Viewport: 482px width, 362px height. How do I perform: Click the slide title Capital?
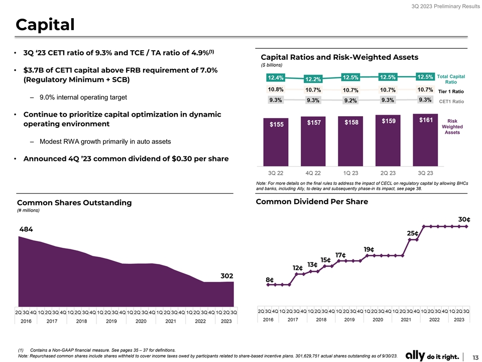(x=45, y=24)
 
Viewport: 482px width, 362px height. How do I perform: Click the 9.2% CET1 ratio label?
(x=350, y=101)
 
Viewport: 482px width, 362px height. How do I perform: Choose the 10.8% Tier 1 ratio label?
(x=276, y=89)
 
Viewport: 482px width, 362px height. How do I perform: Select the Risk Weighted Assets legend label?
(x=452, y=127)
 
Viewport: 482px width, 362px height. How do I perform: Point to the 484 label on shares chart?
(x=26, y=229)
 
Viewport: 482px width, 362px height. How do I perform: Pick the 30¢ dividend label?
(x=464, y=219)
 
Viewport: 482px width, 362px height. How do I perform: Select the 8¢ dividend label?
(x=269, y=280)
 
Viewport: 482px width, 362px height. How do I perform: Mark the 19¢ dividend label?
(x=369, y=249)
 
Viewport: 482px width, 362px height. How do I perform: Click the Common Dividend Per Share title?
(x=312, y=202)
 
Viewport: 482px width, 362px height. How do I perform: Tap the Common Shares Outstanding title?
(x=74, y=203)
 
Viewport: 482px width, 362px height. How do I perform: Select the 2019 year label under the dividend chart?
(x=350, y=320)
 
